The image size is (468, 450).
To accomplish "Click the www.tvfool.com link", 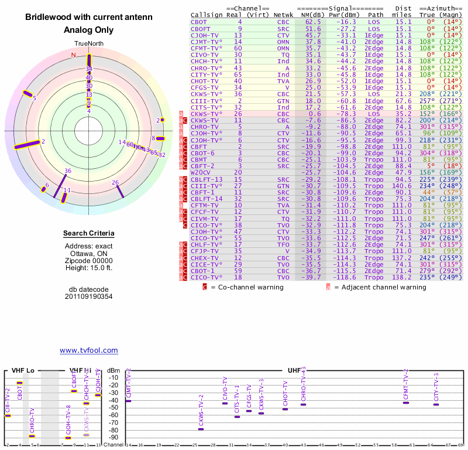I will [89, 350].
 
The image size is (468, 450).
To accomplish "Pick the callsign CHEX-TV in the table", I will [204, 257].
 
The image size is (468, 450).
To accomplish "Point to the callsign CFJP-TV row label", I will [204, 251].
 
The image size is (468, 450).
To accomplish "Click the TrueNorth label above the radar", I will [89, 44].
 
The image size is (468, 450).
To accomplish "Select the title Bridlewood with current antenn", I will [89, 18].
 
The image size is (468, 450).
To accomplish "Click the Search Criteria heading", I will [89, 234].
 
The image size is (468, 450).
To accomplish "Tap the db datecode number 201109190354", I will [89, 296].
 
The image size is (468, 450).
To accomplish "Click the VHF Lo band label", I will [23, 370].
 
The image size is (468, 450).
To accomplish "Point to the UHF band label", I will [295, 370].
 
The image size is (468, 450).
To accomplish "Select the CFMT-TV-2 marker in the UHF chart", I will [406, 403].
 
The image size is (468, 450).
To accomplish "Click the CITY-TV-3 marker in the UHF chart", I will [436, 404].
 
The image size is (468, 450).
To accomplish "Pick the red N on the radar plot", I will [74, 55].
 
